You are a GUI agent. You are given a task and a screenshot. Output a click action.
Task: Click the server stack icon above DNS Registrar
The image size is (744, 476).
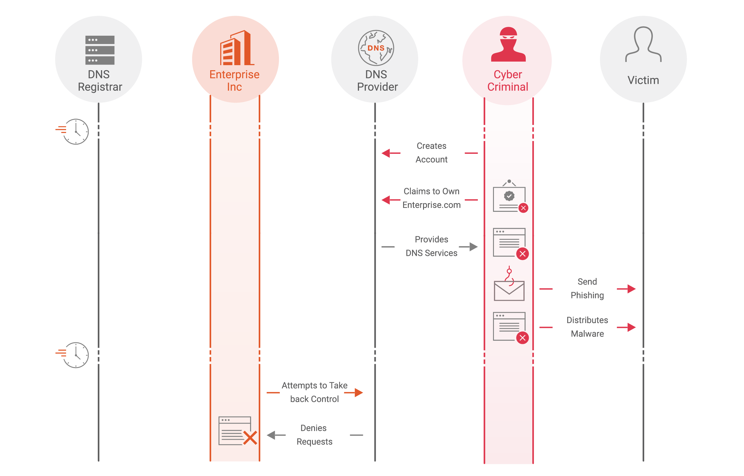(x=100, y=50)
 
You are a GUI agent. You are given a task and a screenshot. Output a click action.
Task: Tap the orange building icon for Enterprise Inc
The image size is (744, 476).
(x=237, y=48)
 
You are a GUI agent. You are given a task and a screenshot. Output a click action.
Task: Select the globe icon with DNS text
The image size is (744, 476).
(x=376, y=48)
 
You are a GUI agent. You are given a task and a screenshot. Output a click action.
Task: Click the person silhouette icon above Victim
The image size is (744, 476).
(x=643, y=45)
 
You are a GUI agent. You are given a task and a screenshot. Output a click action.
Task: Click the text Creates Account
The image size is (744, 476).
(x=431, y=153)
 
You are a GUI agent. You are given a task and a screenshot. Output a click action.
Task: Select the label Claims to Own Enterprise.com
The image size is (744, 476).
(x=431, y=198)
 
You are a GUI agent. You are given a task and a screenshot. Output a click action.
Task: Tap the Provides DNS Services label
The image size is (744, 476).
(x=431, y=246)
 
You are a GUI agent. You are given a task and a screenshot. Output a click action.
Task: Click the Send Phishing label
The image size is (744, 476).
(x=587, y=288)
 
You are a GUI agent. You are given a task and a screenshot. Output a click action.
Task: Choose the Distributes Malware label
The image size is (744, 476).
(x=587, y=327)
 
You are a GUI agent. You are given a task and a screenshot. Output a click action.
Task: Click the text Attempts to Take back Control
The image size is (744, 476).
(x=314, y=392)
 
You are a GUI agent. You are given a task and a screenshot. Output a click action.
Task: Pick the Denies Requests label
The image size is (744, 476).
(x=314, y=435)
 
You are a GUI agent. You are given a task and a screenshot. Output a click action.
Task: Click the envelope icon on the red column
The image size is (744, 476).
(x=509, y=291)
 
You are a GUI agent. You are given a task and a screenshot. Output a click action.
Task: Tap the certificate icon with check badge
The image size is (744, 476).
(x=509, y=197)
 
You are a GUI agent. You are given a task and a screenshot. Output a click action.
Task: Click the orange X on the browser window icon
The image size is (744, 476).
(x=250, y=438)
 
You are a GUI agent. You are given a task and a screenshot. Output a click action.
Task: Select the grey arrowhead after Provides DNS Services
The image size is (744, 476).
(x=473, y=247)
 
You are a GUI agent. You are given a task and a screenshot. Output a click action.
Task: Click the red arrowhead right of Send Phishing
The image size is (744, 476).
(x=631, y=289)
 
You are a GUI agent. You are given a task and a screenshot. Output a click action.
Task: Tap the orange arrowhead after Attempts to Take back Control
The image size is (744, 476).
(x=358, y=392)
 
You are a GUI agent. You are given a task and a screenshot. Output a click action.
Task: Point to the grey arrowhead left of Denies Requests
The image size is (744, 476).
(x=271, y=435)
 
